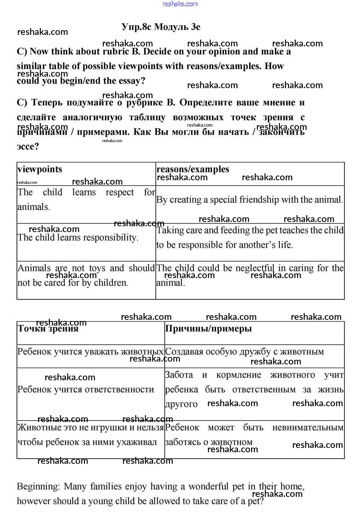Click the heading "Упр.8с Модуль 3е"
tap(161, 27)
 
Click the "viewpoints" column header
tap(40, 169)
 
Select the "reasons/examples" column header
tap(193, 169)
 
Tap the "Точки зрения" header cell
tap(48, 329)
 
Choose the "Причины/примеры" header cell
tap(208, 329)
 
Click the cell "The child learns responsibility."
tap(78, 238)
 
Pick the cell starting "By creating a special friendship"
tap(249, 200)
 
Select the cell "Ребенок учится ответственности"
tap(86, 390)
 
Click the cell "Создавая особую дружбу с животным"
tap(244, 352)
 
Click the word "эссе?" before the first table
tap(28, 147)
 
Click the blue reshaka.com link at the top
tap(180, 4)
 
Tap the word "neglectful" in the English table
tap(255, 268)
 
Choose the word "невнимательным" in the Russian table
tap(308, 428)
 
